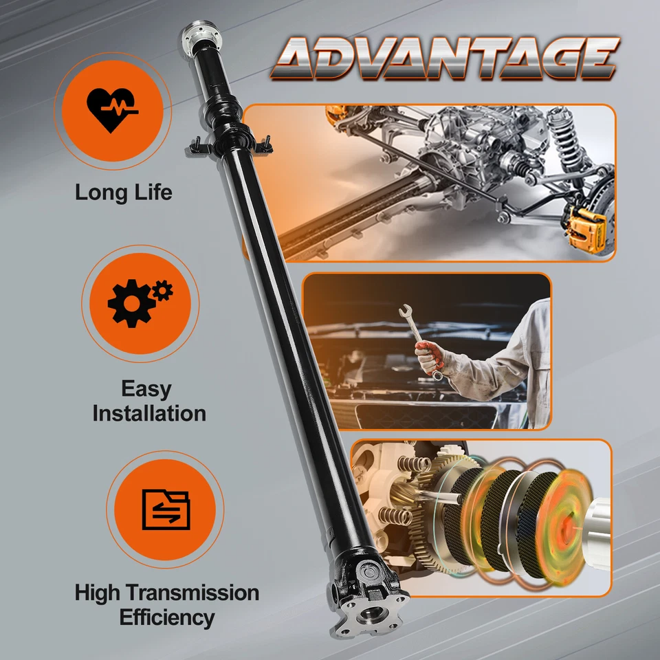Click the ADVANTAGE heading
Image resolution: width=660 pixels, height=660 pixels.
(444, 58)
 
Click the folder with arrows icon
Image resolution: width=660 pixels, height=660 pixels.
(165, 509)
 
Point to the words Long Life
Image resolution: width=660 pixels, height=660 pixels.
(124, 192)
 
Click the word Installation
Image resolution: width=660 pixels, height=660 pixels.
(149, 413)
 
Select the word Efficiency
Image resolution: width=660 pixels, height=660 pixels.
(167, 617)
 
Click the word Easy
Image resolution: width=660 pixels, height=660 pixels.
(146, 388)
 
